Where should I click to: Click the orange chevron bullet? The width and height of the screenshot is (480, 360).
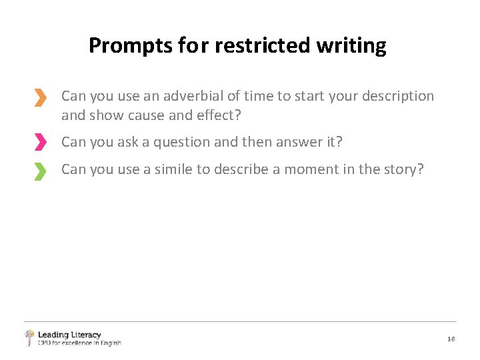pyautogui.click(x=41, y=98)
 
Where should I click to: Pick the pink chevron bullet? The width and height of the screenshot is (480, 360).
pyautogui.click(x=41, y=142)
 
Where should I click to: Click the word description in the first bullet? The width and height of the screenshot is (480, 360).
pyautogui.click(x=397, y=96)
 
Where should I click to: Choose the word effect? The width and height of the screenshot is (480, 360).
pyautogui.click(x=216, y=115)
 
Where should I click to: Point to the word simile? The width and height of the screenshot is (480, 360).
pyautogui.click(x=174, y=169)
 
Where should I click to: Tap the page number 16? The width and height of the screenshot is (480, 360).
pyautogui.click(x=451, y=339)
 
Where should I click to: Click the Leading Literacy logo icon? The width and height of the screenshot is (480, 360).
pyautogui.click(x=29, y=338)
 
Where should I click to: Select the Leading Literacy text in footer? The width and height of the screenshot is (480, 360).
pyautogui.click(x=69, y=335)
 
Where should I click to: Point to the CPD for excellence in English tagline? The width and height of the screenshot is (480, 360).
pyautogui.click(x=79, y=343)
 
